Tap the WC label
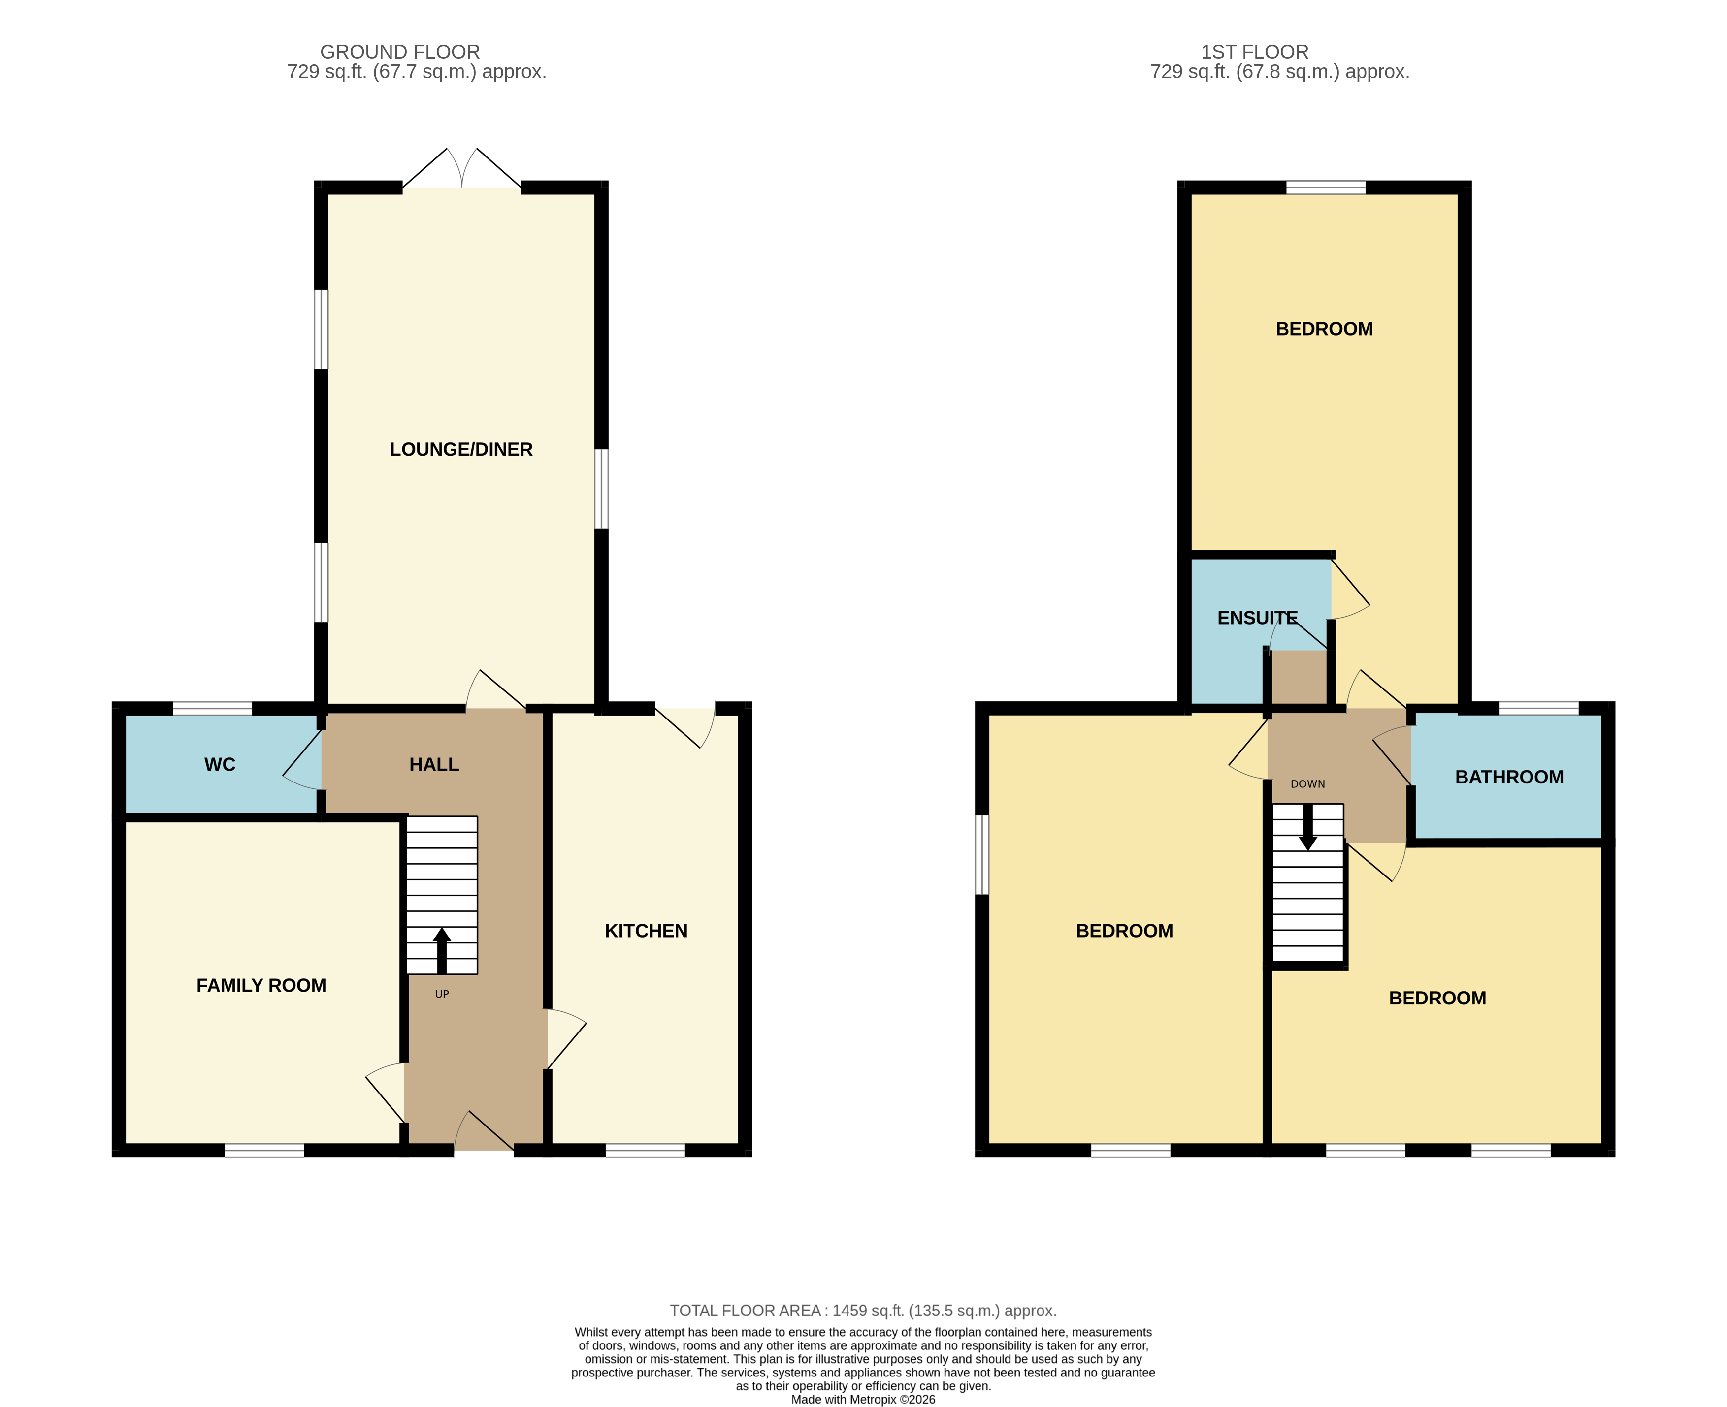pyautogui.click(x=220, y=764)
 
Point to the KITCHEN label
pyautogui.click(x=646, y=931)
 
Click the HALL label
pyautogui.click(x=434, y=764)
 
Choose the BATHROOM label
pyautogui.click(x=1509, y=777)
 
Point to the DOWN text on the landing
pyautogui.click(x=1307, y=784)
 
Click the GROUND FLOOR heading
pyautogui.click(x=400, y=52)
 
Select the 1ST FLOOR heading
pyautogui.click(x=1254, y=52)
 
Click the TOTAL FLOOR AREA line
pyautogui.click(x=863, y=1311)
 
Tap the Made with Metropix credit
pyautogui.click(x=863, y=1399)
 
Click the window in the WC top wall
pyautogui.click(x=212, y=708)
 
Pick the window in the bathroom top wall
pyautogui.click(x=1538, y=708)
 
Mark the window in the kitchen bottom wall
pyautogui.click(x=646, y=1150)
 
